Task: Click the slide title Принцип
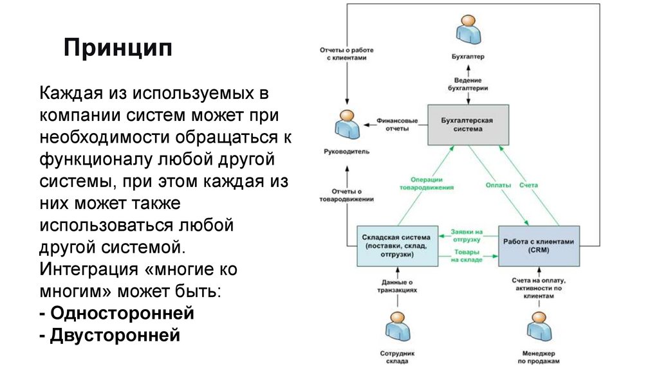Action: coord(117,48)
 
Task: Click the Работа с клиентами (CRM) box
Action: coord(539,246)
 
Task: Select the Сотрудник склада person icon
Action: coord(396,327)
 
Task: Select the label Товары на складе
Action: coord(467,255)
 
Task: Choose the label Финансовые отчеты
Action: coord(397,124)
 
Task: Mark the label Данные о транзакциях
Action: coord(396,287)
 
